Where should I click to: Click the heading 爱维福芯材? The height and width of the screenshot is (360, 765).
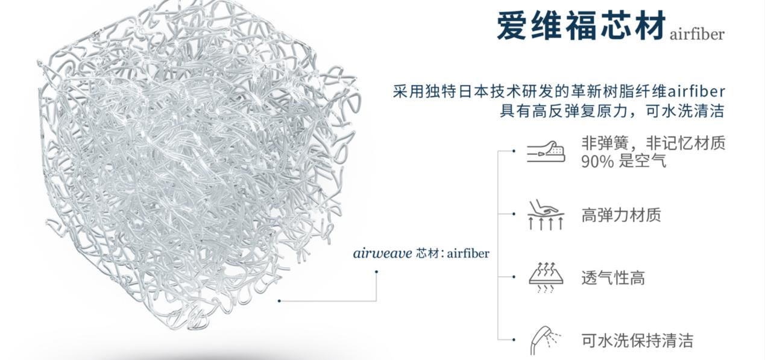(x=581, y=25)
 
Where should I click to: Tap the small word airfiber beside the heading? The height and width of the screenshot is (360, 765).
(x=696, y=34)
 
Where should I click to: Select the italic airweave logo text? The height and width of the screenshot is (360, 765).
(x=383, y=253)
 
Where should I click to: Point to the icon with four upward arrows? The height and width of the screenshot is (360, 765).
(x=546, y=215)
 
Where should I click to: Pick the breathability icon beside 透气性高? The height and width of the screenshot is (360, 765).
(x=545, y=278)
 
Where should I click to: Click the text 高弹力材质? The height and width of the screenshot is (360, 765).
(x=621, y=215)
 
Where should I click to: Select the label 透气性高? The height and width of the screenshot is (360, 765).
(x=613, y=278)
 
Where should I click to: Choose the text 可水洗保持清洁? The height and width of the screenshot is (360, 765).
(x=637, y=340)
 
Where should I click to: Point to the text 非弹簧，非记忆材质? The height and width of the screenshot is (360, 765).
(x=653, y=144)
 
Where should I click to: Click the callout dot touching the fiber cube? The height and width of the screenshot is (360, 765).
(x=279, y=300)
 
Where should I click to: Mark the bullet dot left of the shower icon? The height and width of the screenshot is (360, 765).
(x=514, y=339)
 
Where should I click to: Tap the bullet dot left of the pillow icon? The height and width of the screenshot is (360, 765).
(x=514, y=151)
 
